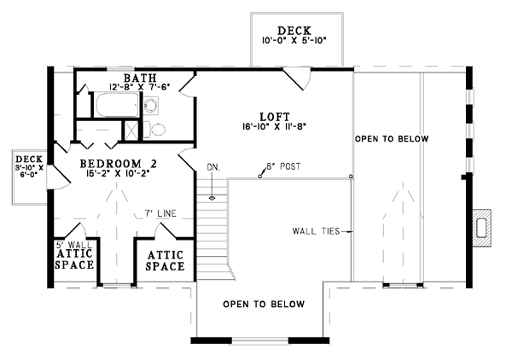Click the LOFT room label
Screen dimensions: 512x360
coord(275,117)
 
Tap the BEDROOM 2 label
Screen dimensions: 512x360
coord(119,163)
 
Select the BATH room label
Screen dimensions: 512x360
coord(140,78)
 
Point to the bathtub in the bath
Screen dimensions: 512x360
coord(117,105)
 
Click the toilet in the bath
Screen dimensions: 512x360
coord(154,130)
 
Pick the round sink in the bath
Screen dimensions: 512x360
coord(151,105)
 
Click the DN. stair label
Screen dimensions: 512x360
coord(213,168)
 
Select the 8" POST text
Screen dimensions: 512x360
coord(283,166)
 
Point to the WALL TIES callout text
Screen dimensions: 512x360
coord(316,231)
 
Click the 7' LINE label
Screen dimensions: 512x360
coord(160,213)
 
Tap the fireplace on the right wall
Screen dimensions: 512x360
coord(482,228)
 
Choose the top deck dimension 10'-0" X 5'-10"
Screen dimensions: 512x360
coord(294,40)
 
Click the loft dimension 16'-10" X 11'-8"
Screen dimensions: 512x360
coord(274,126)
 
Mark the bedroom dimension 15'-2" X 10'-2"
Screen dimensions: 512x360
coord(118,173)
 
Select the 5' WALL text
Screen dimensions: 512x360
coord(74,245)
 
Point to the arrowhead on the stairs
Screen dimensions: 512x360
coord(212,198)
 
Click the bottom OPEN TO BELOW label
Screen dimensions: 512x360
coord(264,305)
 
